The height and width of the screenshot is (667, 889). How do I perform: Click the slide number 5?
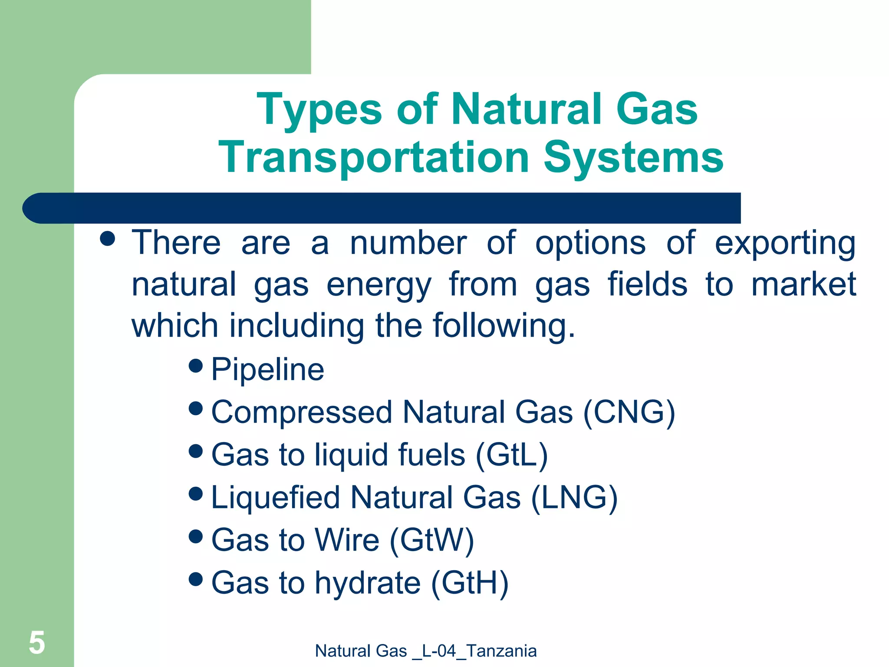(37, 643)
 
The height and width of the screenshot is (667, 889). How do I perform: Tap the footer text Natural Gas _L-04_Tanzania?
(425, 651)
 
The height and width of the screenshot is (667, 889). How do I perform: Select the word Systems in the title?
(633, 157)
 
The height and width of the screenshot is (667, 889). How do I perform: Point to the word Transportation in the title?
(374, 157)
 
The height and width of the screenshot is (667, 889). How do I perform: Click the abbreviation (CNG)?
(629, 412)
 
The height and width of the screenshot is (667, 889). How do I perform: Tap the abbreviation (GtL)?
(512, 455)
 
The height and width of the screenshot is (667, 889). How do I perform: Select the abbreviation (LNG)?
(574, 497)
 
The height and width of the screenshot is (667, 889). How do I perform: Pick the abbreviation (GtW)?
(432, 540)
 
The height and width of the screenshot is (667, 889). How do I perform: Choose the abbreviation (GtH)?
(469, 582)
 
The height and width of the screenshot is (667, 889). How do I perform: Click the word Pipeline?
(267, 370)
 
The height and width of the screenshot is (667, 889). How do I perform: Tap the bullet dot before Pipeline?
(196, 366)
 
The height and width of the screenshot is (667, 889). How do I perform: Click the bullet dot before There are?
(107, 238)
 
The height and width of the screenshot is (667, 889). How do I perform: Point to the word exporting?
(785, 243)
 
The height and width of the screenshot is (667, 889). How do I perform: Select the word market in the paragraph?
(803, 284)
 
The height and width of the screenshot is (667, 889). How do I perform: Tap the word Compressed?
(302, 412)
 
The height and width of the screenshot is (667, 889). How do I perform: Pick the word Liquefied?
(275, 497)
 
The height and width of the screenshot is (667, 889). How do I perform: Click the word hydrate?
(368, 582)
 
